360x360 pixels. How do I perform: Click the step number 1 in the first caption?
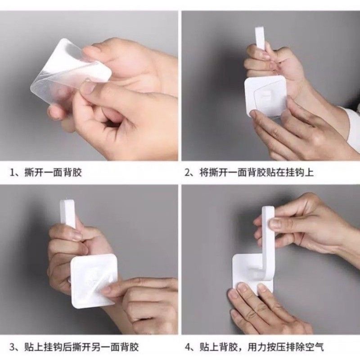tap(12, 172)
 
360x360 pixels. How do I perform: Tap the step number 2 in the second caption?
tap(188, 172)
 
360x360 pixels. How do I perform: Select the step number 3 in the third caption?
tap(12, 347)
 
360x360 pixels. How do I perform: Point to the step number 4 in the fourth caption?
tap(188, 347)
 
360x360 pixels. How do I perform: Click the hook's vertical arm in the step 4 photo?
tap(268, 237)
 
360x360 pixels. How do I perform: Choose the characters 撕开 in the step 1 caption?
tap(34, 172)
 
